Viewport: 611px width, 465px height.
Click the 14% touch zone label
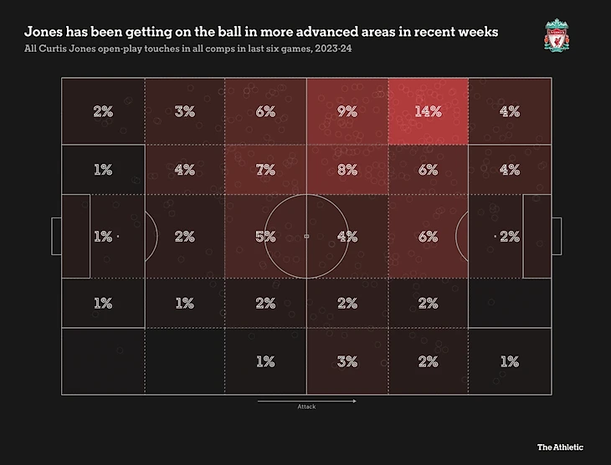(x=428, y=111)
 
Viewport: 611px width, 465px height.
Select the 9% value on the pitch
(x=347, y=111)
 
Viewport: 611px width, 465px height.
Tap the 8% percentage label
(x=347, y=169)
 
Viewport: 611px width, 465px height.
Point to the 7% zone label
(x=265, y=169)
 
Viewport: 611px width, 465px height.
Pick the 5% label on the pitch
(x=265, y=237)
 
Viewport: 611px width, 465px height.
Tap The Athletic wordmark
(x=560, y=447)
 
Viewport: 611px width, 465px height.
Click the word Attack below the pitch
(x=306, y=408)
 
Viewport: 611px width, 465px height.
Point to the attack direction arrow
(x=306, y=401)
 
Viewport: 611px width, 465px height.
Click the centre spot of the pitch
(x=306, y=237)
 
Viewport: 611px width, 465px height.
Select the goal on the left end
(x=56, y=237)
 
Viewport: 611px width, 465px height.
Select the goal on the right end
(x=556, y=237)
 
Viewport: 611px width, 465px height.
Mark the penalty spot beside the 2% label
(x=495, y=237)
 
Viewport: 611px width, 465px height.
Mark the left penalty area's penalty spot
(x=117, y=237)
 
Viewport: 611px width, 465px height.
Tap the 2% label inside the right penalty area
(x=509, y=237)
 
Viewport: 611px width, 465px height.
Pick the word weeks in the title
(x=477, y=32)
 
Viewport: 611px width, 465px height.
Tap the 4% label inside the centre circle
(x=347, y=237)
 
